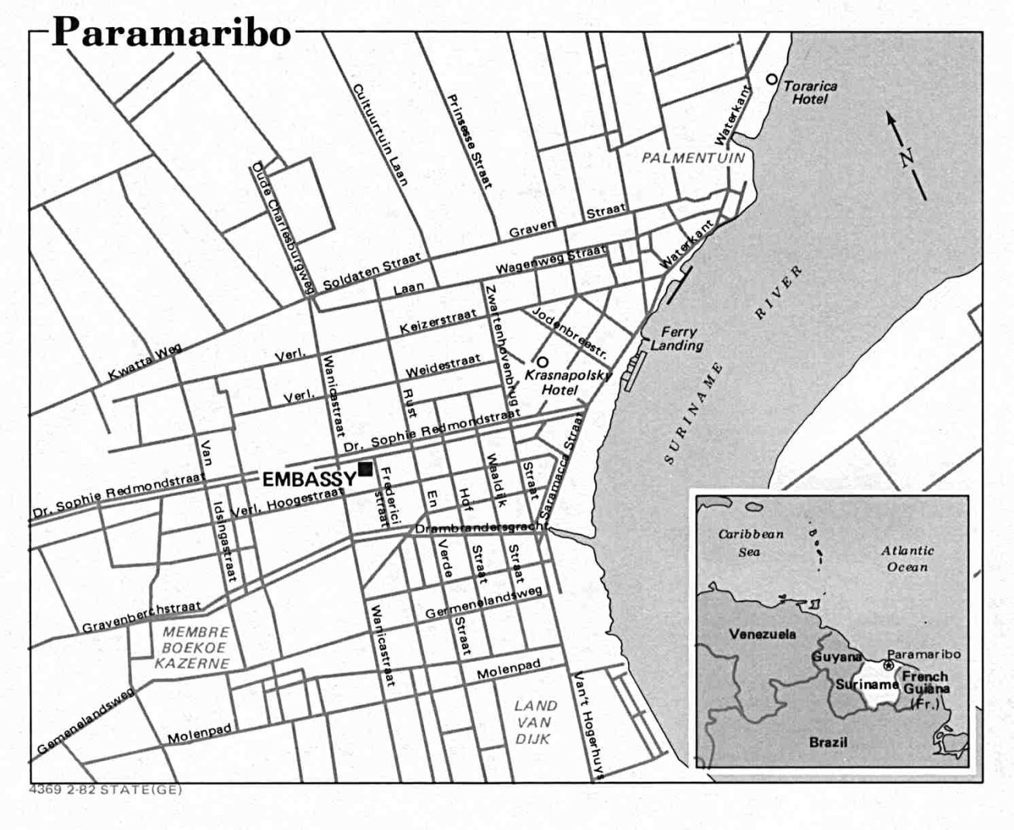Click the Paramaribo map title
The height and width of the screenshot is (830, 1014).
point(171,33)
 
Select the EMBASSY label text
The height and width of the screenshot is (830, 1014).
point(309,479)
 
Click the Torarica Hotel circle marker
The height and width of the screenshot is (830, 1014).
point(771,79)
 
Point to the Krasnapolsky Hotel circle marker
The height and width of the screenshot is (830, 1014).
point(543,361)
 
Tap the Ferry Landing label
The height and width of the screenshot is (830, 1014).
point(676,339)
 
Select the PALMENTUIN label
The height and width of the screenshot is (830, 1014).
point(692,158)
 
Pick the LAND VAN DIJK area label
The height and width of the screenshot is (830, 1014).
point(536,722)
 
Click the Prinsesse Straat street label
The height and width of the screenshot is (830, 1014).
point(468,141)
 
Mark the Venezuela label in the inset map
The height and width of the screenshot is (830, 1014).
point(762,634)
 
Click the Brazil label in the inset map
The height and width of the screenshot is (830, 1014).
point(828,742)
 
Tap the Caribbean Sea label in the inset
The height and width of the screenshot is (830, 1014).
point(750,542)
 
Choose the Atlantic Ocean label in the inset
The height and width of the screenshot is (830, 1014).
point(907,558)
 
